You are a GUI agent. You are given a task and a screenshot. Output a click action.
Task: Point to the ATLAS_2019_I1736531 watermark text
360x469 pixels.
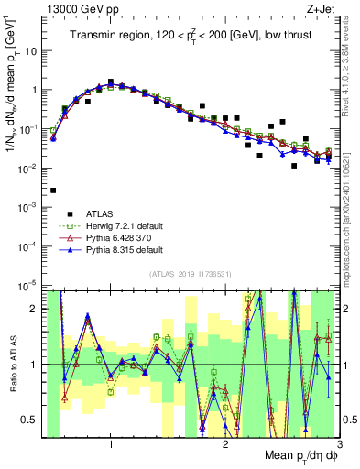pos(191,273)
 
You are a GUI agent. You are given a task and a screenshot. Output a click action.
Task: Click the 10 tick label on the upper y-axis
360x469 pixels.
pos(32,51)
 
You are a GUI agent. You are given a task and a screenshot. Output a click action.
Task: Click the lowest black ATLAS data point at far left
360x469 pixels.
pos(53,191)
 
